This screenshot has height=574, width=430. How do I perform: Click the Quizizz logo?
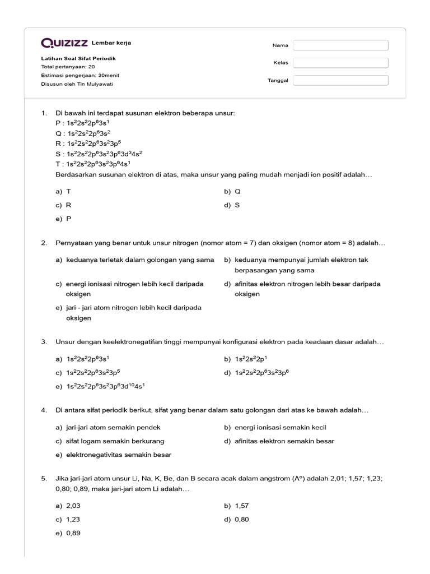[x=65, y=43]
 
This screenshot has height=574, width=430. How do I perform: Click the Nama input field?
[x=340, y=45]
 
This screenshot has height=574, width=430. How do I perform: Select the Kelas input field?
[x=340, y=63]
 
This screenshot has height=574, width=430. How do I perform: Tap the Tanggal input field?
[x=340, y=80]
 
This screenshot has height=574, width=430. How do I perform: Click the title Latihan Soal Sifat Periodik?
[x=78, y=58]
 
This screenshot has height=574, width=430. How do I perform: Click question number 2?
[x=44, y=243]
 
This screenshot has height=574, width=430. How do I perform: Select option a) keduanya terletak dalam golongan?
[x=134, y=260]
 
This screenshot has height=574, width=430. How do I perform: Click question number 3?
[x=44, y=341]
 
